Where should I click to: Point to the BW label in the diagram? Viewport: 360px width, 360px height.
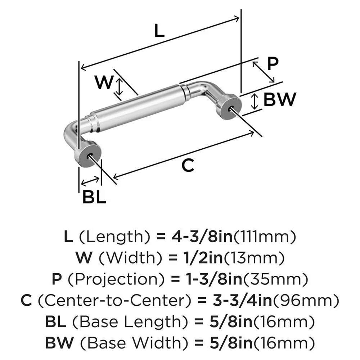pyautogui.click(x=280, y=100)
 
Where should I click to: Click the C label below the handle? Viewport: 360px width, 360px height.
pyautogui.click(x=187, y=165)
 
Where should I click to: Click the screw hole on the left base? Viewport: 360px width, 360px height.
pyautogui.click(x=89, y=155)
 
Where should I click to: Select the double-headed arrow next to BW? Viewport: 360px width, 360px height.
pyautogui.click(x=255, y=101)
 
